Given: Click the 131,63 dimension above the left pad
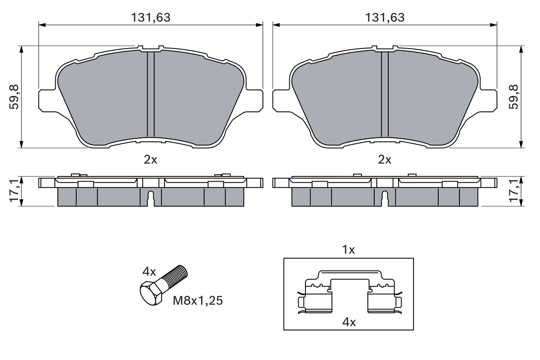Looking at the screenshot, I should coord(151,17).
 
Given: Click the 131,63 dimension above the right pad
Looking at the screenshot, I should coord(385,17).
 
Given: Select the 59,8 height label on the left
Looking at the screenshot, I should coord(14,97).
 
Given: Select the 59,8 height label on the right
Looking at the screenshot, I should coord(513,97).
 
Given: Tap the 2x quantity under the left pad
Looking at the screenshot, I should coord(151,160).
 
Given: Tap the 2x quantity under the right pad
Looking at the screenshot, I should coord(385,160).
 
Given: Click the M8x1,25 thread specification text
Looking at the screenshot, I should coord(198,300).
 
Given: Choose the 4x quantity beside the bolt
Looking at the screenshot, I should coord(149,272).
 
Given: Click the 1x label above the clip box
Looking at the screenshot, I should coord(348,250).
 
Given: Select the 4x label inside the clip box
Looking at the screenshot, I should coord(349,322).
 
